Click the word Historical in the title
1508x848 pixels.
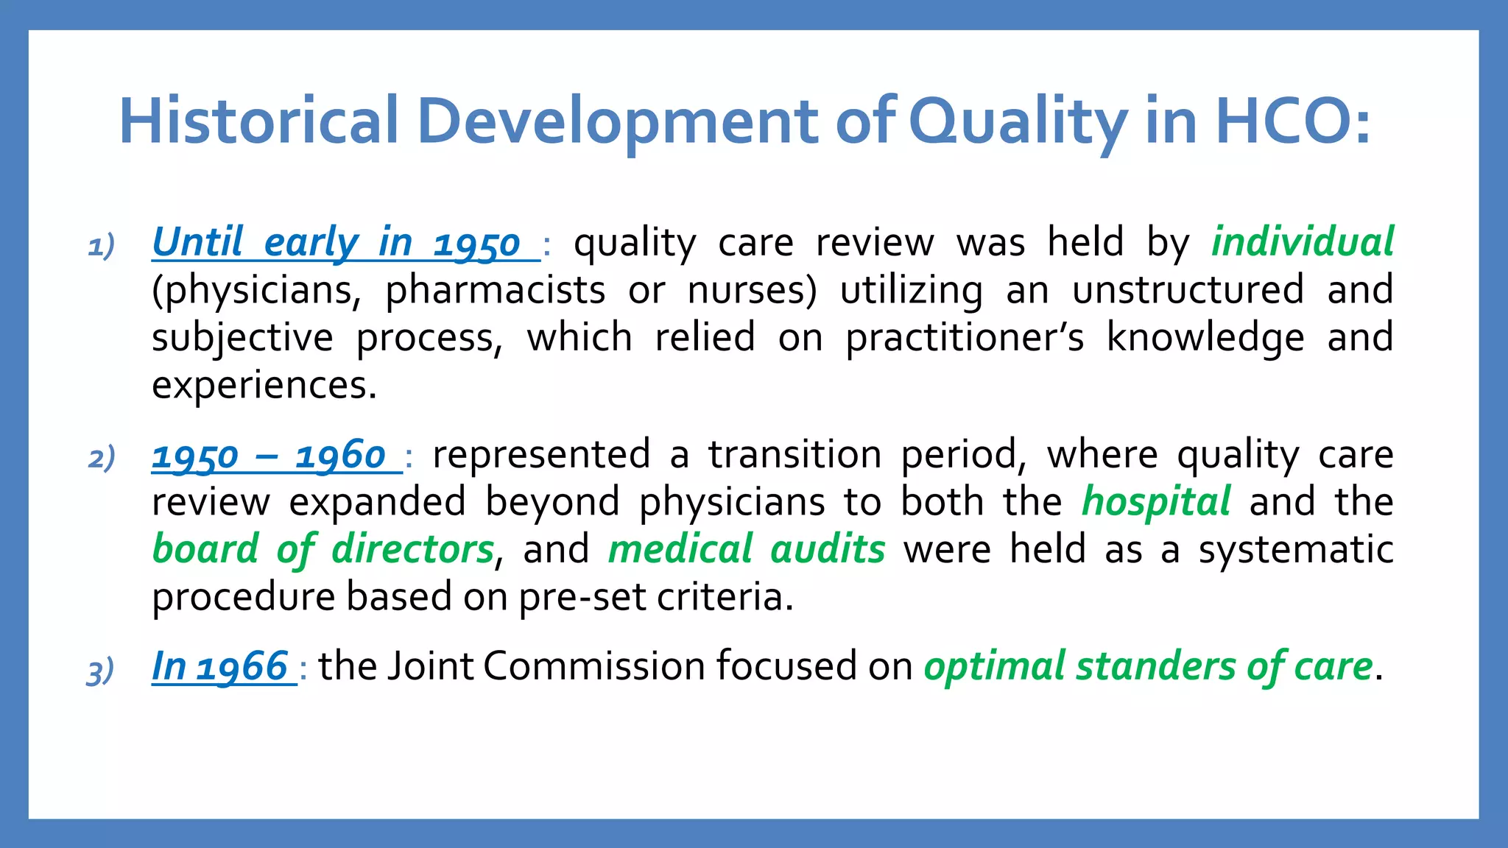(259, 121)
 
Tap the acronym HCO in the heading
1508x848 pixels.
(1281, 121)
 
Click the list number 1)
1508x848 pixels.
(102, 246)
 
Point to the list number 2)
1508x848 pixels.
(102, 458)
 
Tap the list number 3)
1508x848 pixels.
(101, 671)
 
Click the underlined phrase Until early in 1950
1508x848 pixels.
(337, 243)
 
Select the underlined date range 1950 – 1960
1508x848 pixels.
(269, 456)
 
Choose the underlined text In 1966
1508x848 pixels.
(219, 667)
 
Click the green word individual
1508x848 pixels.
(1303, 242)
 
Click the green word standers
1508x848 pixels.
(1155, 667)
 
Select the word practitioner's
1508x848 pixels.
(965, 338)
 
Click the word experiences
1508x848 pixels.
(264, 385)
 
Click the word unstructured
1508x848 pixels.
(1188, 290)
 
